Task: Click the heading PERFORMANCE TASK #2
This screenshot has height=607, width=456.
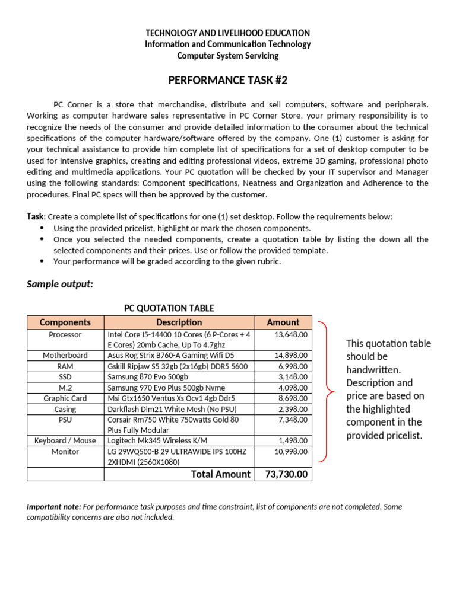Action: (228, 80)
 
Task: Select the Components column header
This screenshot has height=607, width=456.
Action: (65, 322)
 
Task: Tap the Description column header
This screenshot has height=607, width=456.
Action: (179, 322)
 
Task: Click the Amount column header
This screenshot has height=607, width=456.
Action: (283, 322)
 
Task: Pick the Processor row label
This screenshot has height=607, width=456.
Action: (65, 335)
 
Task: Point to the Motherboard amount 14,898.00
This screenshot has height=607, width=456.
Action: (291, 356)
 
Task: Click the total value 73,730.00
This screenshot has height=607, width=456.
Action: (287, 474)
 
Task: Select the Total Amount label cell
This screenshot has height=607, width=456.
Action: (221, 474)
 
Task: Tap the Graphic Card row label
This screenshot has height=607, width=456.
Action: (65, 399)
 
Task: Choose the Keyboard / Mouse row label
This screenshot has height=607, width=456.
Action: (65, 440)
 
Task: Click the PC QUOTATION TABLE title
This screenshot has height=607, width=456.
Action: (169, 308)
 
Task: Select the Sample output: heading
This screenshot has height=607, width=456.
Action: (60, 284)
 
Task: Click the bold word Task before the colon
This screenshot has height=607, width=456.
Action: (35, 217)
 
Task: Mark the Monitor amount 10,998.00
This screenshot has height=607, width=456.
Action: (291, 452)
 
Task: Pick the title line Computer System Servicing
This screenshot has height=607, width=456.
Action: (228, 56)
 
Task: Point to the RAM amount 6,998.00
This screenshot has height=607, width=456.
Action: (293, 366)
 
